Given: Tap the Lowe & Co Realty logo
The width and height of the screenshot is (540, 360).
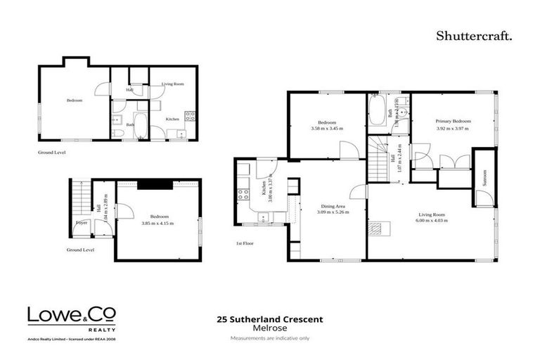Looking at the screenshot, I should pos(72,317).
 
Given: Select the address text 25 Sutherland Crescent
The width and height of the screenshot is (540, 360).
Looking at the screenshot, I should pos(270,319).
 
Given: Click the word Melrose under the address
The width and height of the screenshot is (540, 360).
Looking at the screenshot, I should pos(270,328).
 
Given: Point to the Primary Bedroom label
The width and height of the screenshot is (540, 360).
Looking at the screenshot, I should pos(453,121).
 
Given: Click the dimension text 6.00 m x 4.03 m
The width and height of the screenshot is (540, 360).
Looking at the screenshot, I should pos(430,221).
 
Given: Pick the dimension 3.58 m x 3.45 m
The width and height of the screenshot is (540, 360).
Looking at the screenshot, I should pos(327,128).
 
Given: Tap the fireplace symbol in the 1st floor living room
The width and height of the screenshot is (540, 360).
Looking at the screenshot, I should pos(378,228).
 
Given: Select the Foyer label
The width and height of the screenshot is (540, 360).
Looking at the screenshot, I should pos(82,224).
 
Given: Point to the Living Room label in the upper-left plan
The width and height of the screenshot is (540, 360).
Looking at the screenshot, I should pos(173,84).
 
